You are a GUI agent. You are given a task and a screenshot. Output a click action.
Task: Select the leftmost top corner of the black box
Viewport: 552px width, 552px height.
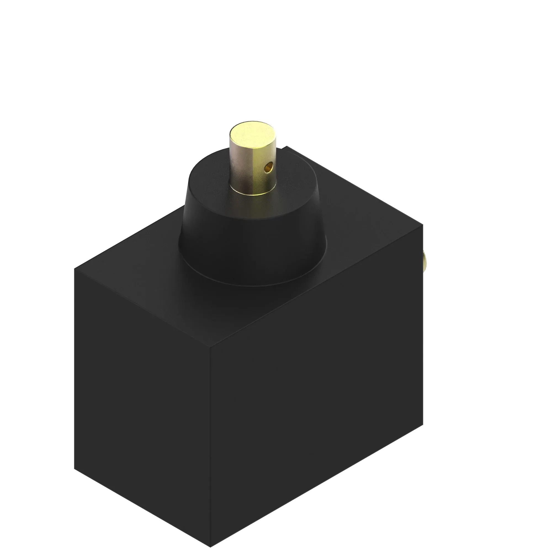pos(75,269)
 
